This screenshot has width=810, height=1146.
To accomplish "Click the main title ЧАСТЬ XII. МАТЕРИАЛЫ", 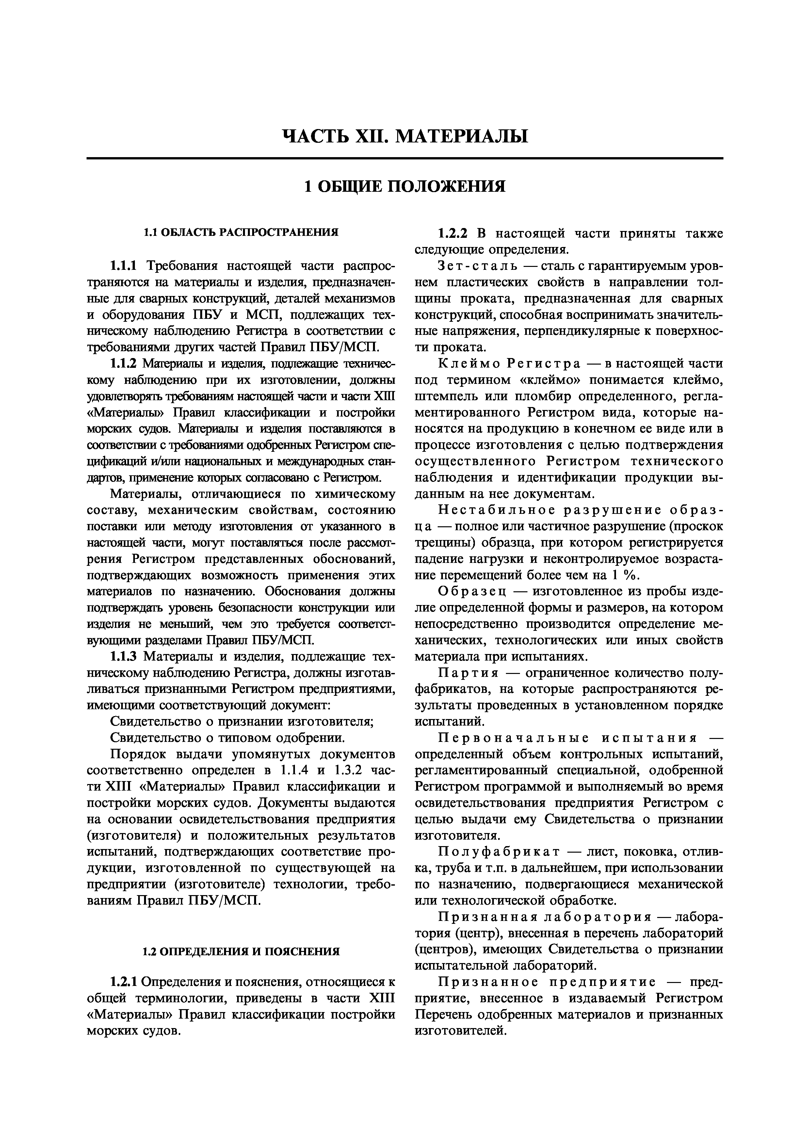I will [x=405, y=136].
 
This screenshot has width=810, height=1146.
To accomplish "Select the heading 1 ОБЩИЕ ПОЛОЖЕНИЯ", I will [x=405, y=187].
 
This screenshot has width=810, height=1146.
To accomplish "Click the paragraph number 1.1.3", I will [x=126, y=657].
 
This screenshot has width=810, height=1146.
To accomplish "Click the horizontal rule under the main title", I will [x=405, y=159].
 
